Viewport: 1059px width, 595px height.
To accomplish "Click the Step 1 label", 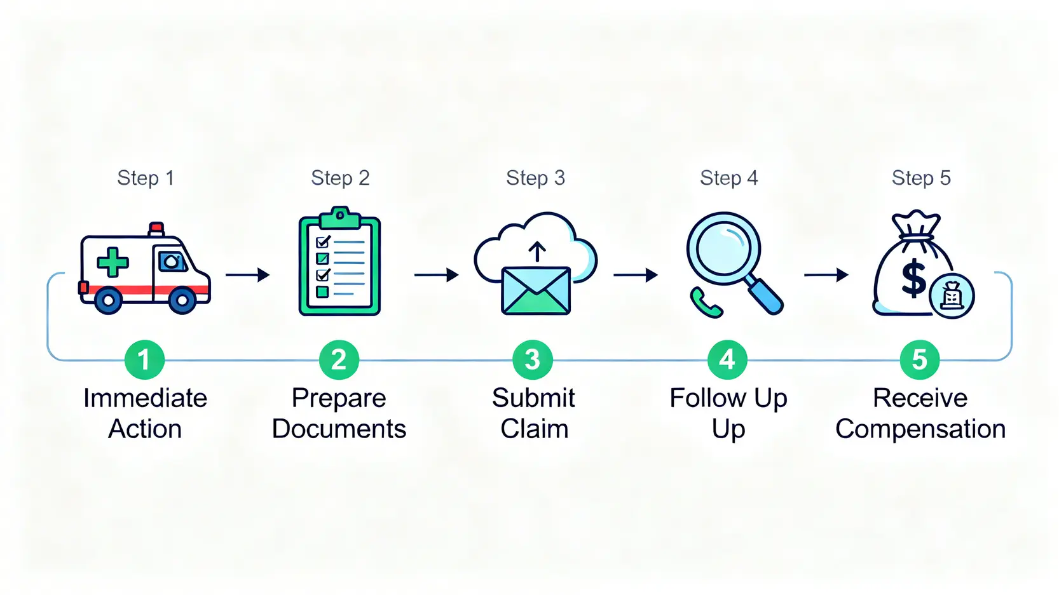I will click(145, 178).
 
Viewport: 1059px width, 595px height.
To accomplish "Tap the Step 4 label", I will click(728, 178).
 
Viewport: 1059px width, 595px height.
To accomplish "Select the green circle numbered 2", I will click(339, 360).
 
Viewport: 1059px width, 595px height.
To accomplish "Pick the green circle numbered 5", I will click(919, 360).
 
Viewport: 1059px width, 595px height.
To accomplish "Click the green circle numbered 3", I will click(533, 360).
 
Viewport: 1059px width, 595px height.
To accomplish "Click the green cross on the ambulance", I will click(113, 262).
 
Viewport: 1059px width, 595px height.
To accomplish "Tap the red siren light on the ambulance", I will click(156, 229).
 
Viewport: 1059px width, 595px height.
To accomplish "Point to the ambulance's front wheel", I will click(182, 300).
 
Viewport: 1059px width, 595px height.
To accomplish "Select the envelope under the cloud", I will click(536, 291).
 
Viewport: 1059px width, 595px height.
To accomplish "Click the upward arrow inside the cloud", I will click(537, 251).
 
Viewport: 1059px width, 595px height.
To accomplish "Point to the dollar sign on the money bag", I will click(914, 278).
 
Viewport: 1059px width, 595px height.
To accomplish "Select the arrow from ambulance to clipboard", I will click(247, 275).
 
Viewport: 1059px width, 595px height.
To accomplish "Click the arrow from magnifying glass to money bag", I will click(826, 275).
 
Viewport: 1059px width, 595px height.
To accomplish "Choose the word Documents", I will click(339, 429).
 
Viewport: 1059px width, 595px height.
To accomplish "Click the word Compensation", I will click(920, 429).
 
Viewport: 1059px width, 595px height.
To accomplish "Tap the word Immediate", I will click(145, 398).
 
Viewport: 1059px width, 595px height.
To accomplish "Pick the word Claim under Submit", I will click(534, 429).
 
